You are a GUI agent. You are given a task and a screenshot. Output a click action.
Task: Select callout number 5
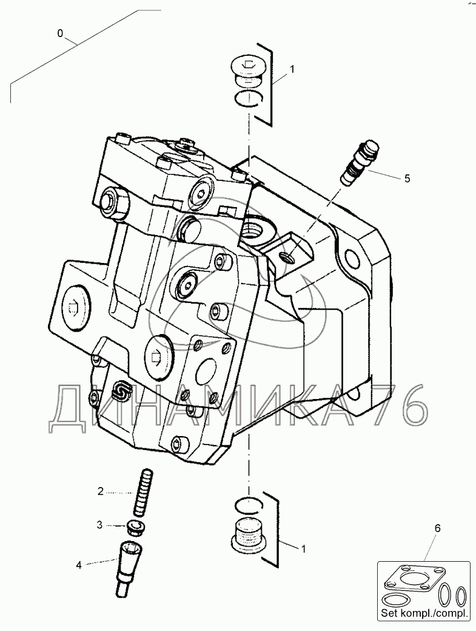[407, 178]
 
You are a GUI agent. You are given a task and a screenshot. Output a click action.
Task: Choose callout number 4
[78, 565]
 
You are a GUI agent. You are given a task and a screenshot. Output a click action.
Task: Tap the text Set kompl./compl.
[424, 614]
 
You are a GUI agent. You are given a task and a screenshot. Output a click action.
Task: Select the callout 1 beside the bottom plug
[303, 548]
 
